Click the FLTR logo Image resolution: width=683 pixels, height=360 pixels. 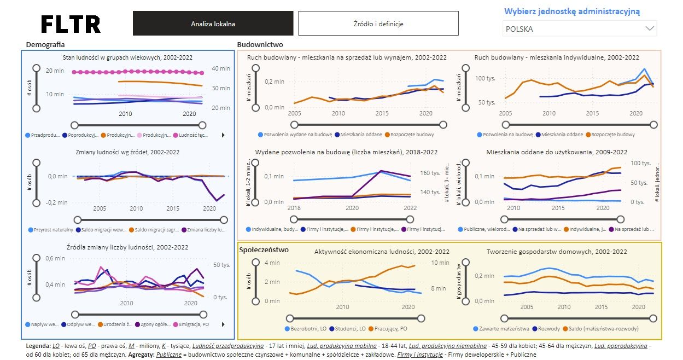click(x=71, y=24)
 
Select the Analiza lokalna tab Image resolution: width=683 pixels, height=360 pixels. click(x=213, y=24)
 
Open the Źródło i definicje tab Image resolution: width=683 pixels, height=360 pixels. click(x=378, y=24)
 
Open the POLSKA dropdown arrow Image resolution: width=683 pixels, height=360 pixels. click(x=650, y=28)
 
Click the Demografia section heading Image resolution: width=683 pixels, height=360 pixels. click(x=45, y=44)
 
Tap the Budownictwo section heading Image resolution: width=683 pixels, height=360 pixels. click(x=260, y=44)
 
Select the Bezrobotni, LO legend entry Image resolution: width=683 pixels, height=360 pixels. click(x=307, y=329)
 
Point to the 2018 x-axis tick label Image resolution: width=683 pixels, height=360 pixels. click(x=294, y=208)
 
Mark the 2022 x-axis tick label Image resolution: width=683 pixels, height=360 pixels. click(x=410, y=208)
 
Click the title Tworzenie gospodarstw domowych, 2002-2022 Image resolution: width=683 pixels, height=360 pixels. click(x=557, y=252)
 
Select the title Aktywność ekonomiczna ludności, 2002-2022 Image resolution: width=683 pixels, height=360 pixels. click(x=382, y=252)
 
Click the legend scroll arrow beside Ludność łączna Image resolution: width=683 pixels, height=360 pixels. click(x=223, y=135)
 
